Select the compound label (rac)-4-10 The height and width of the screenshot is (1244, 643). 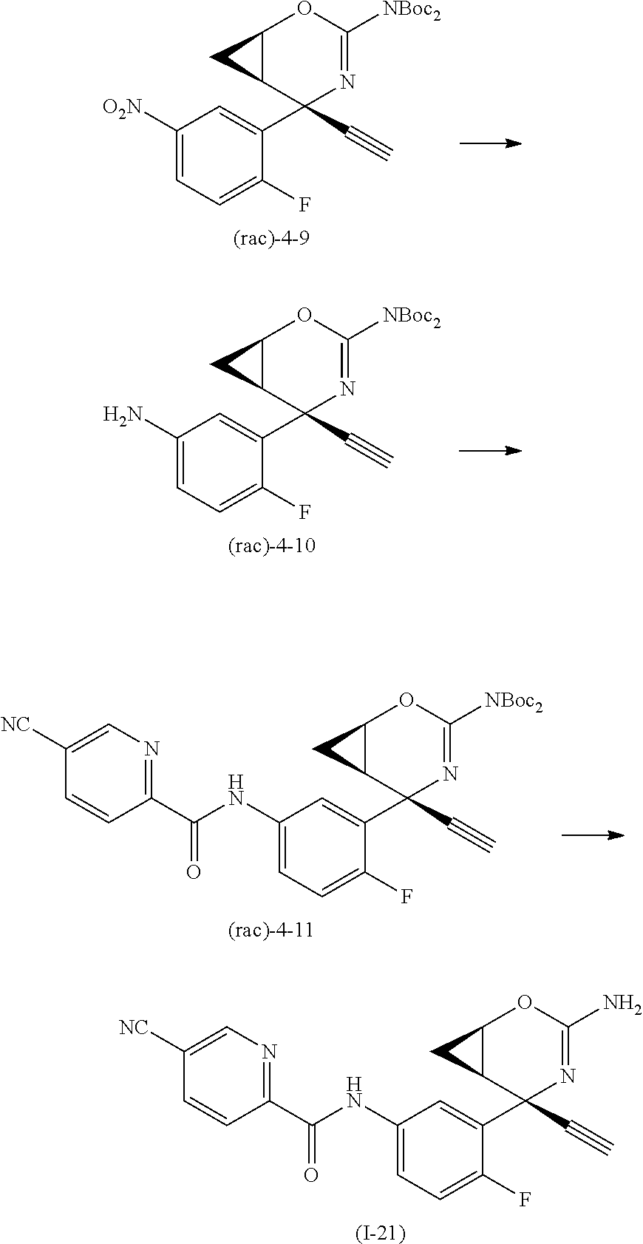pos(271,546)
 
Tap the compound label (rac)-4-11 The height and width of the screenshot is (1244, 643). pos(271,930)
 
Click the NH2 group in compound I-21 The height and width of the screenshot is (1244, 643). pos(622,1002)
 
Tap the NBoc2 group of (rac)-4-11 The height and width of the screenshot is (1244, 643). pos(514,702)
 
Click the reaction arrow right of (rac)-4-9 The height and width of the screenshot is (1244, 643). pos(490,143)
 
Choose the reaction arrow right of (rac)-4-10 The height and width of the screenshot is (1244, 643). pos(490,450)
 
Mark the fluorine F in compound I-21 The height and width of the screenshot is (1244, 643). pos(523,1200)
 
